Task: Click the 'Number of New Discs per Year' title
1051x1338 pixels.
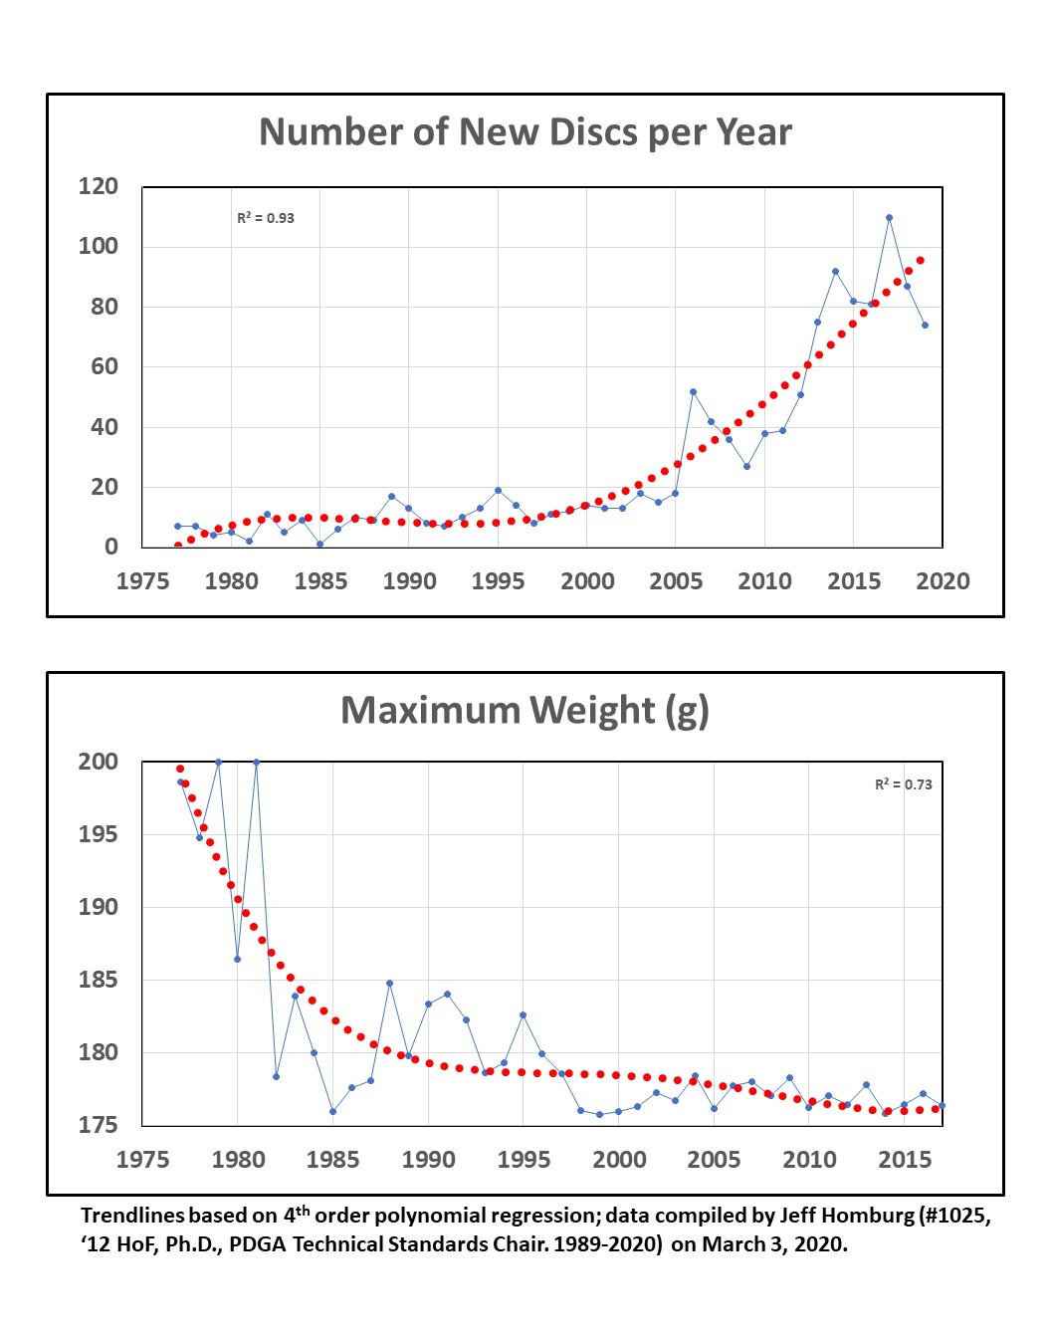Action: pos(525,132)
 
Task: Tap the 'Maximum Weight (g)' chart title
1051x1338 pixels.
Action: pos(525,711)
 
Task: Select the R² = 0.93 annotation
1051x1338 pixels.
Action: pos(266,218)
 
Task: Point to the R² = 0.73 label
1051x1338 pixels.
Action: pos(903,784)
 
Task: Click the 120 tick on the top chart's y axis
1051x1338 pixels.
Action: pos(99,186)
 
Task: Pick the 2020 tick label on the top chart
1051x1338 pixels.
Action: pos(942,581)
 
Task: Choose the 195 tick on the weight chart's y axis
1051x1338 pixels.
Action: pos(99,834)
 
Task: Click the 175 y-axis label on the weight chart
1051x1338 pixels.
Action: pos(99,1125)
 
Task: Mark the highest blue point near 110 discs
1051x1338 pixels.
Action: pos(889,217)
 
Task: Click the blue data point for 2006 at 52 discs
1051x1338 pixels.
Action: pos(693,391)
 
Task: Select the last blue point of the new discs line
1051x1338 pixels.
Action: pos(925,325)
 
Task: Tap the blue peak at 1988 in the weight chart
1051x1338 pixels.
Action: pos(389,983)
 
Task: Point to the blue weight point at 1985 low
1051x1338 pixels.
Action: pos(332,1111)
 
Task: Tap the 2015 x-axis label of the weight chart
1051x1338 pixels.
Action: pos(904,1159)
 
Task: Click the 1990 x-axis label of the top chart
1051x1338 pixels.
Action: pos(409,581)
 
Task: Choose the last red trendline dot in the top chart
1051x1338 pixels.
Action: pos(921,260)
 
